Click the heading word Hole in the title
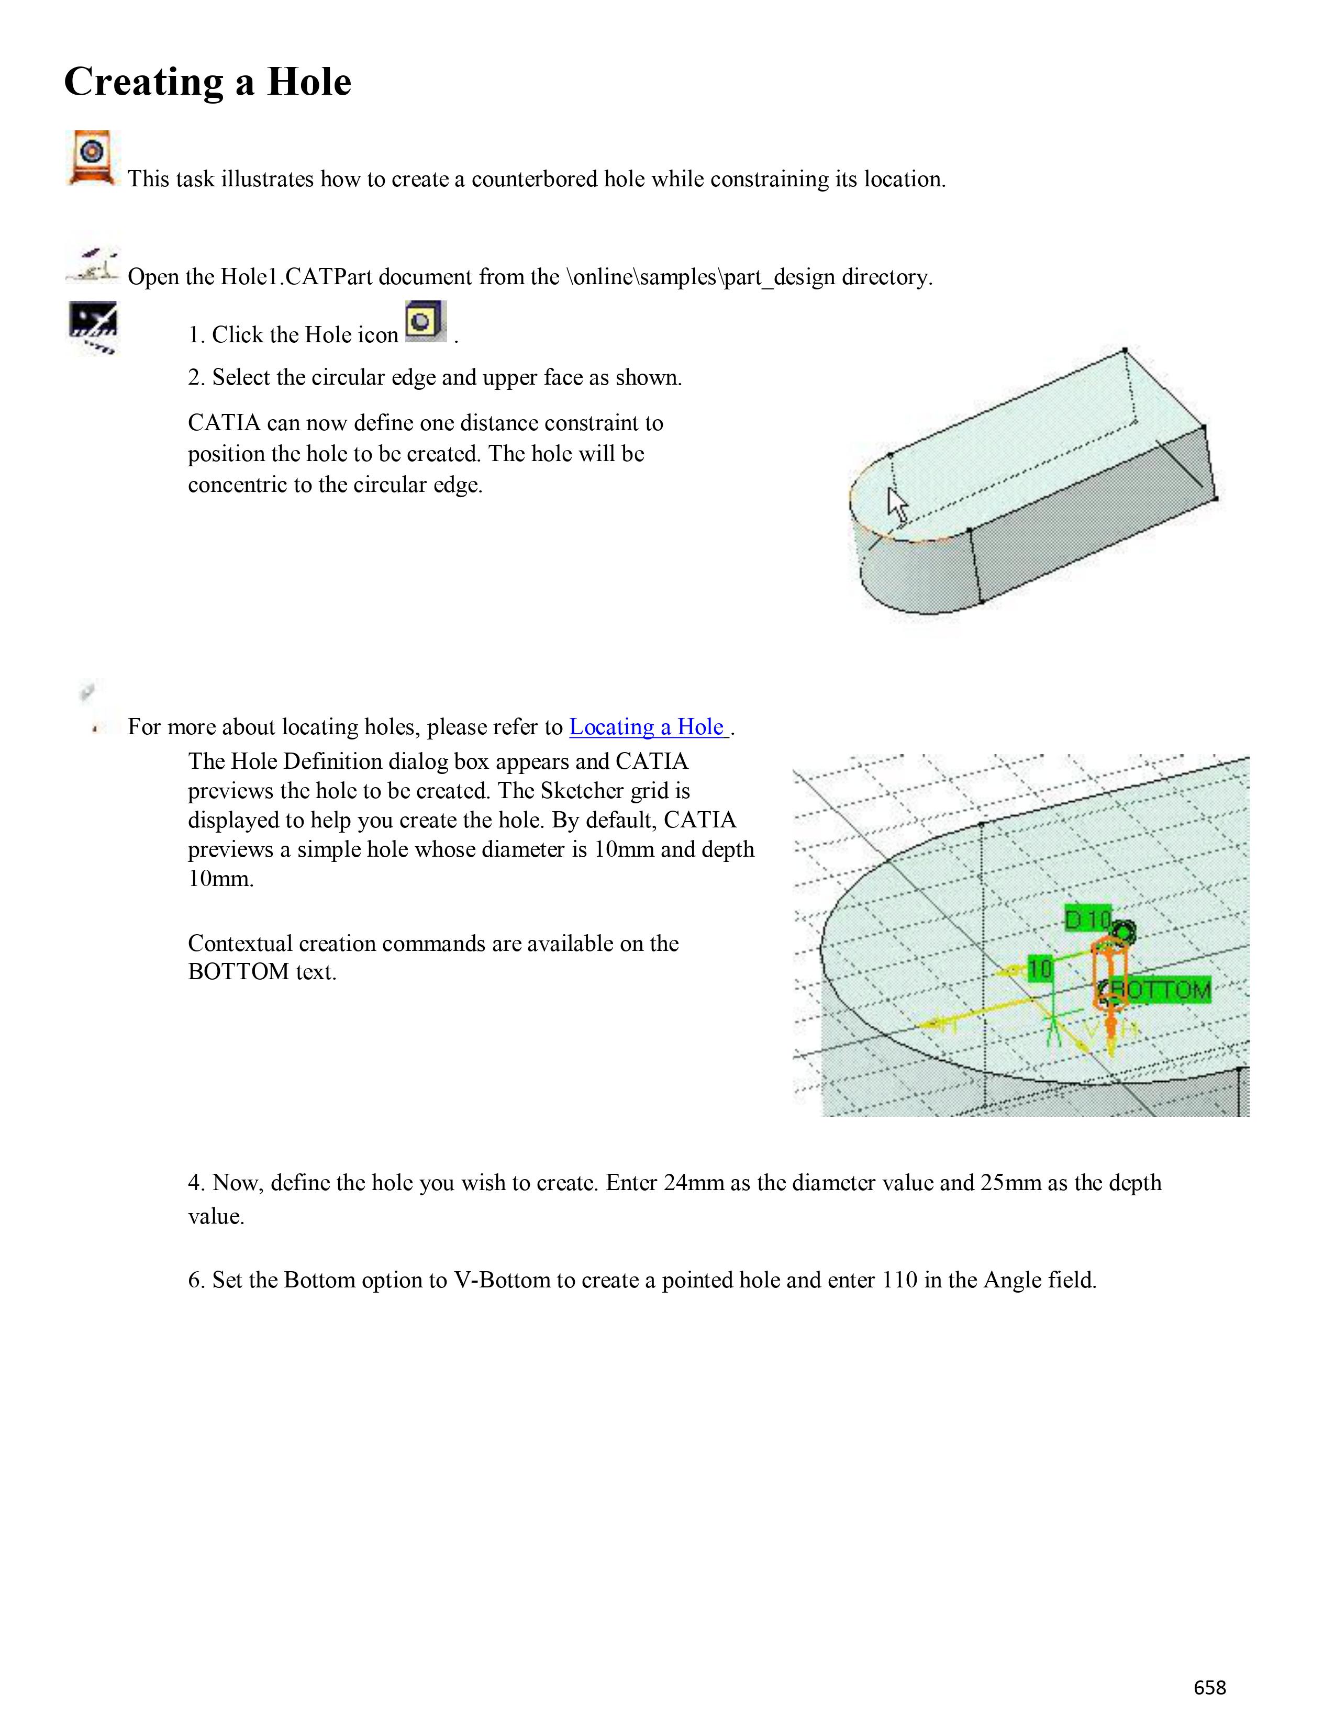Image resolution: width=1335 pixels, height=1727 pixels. point(308,82)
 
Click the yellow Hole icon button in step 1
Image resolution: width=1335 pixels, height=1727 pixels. point(425,322)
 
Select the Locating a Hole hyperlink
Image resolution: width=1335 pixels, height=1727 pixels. point(648,727)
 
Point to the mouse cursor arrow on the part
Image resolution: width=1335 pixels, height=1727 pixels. point(896,503)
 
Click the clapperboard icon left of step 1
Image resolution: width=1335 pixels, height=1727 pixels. point(93,327)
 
